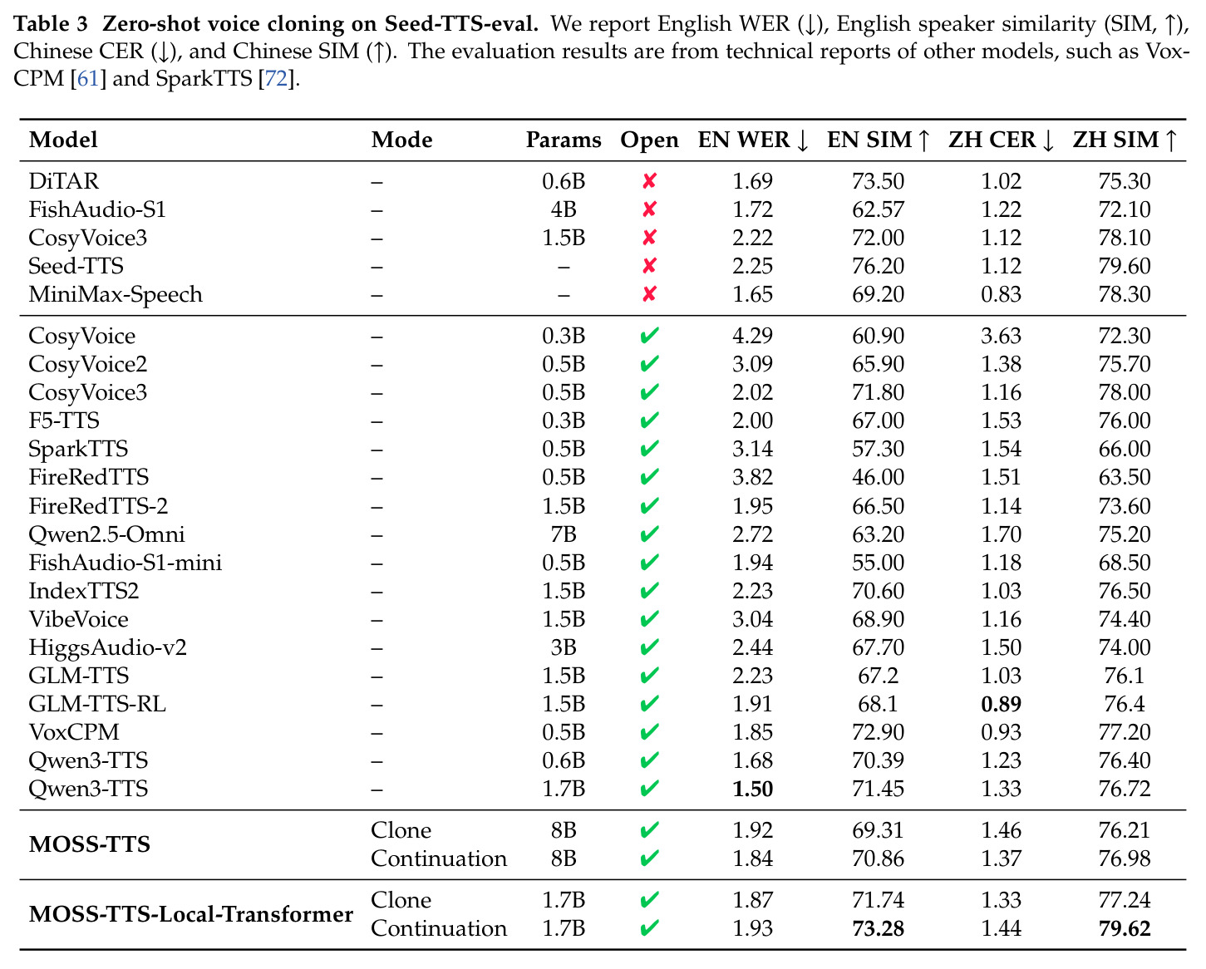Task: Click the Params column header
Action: (564, 140)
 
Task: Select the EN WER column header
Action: (753, 140)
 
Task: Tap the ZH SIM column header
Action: (1125, 140)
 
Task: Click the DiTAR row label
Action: (64, 181)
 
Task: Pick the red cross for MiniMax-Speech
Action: (649, 294)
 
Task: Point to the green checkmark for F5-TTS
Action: (649, 421)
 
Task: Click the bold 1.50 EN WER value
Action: (753, 789)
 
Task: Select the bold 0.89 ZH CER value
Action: (1001, 704)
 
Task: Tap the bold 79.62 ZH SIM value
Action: (1125, 928)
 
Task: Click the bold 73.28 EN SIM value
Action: (878, 928)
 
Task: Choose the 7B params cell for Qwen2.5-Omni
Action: (564, 534)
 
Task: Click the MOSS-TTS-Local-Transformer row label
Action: (191, 914)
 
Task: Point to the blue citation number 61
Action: (88, 78)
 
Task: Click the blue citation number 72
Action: (276, 78)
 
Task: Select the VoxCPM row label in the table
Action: (74, 732)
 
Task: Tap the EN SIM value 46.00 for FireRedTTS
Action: (878, 477)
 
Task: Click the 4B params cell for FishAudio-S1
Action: (564, 209)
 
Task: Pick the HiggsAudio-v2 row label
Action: (107, 648)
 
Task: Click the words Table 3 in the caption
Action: (51, 23)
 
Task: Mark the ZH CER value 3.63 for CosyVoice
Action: (1001, 336)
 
